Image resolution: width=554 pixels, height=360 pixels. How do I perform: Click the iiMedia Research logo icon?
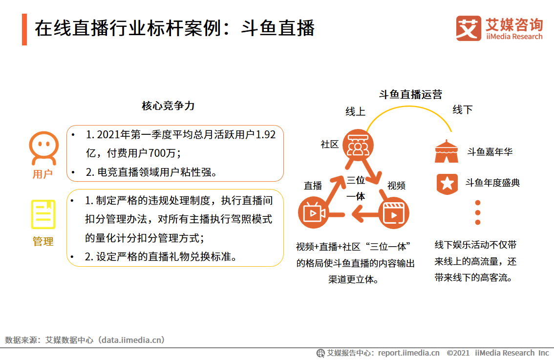tap(468, 29)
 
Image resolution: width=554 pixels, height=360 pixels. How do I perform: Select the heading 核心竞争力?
tap(168, 106)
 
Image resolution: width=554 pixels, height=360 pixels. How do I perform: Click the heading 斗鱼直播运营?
tap(410, 94)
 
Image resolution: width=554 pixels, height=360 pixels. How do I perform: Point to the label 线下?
tap(462, 109)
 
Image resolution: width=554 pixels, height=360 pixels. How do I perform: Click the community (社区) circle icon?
tap(358, 146)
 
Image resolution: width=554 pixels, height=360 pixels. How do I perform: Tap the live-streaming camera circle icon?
tap(314, 213)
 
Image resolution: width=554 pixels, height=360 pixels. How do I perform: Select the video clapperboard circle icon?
tap(394, 213)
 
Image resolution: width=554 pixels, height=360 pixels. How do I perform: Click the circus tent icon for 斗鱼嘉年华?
tap(447, 151)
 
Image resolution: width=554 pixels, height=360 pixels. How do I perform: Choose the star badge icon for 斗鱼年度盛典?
tap(447, 183)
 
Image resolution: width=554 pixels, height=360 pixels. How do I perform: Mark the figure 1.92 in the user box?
tap(266, 135)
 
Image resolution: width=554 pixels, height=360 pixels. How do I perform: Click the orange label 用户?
tap(43, 174)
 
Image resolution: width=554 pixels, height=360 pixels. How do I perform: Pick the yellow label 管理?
tap(43, 241)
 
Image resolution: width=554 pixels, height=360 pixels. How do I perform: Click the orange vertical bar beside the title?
tap(24, 30)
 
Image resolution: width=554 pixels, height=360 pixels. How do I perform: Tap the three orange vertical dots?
tap(478, 212)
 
